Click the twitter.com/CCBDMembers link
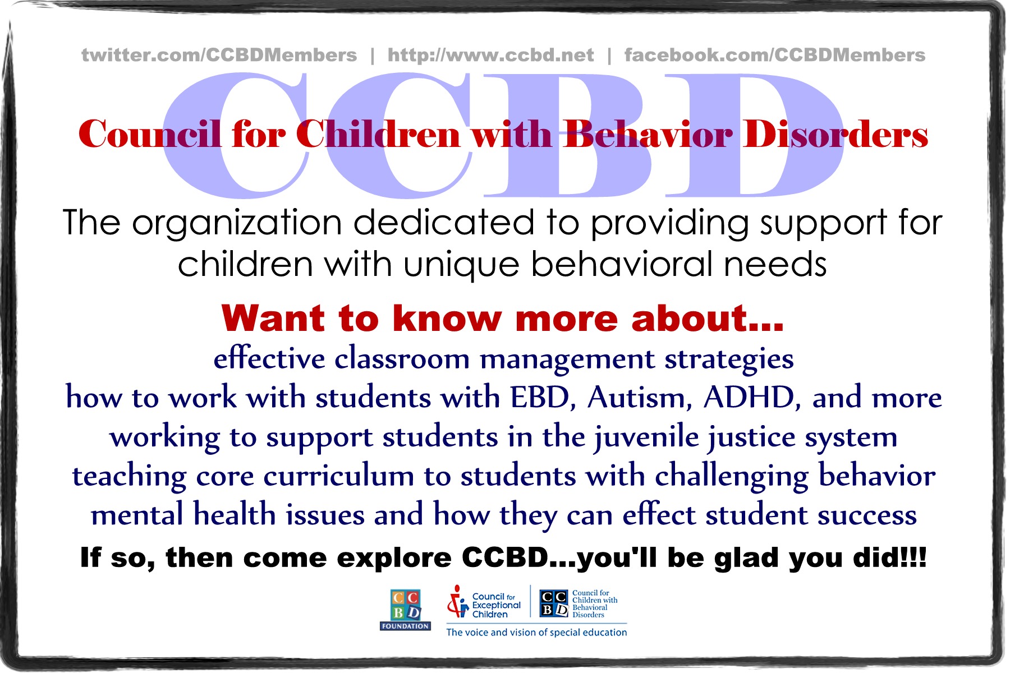[219, 55]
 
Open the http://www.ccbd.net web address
[490, 55]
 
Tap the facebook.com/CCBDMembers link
[775, 55]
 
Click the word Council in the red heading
[150, 135]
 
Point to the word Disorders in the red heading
[836, 135]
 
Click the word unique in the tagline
[461, 265]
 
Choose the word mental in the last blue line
[137, 515]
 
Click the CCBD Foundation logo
[405, 610]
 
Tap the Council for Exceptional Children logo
[484, 603]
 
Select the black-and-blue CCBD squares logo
[554, 603]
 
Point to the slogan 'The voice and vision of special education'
[536, 632]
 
